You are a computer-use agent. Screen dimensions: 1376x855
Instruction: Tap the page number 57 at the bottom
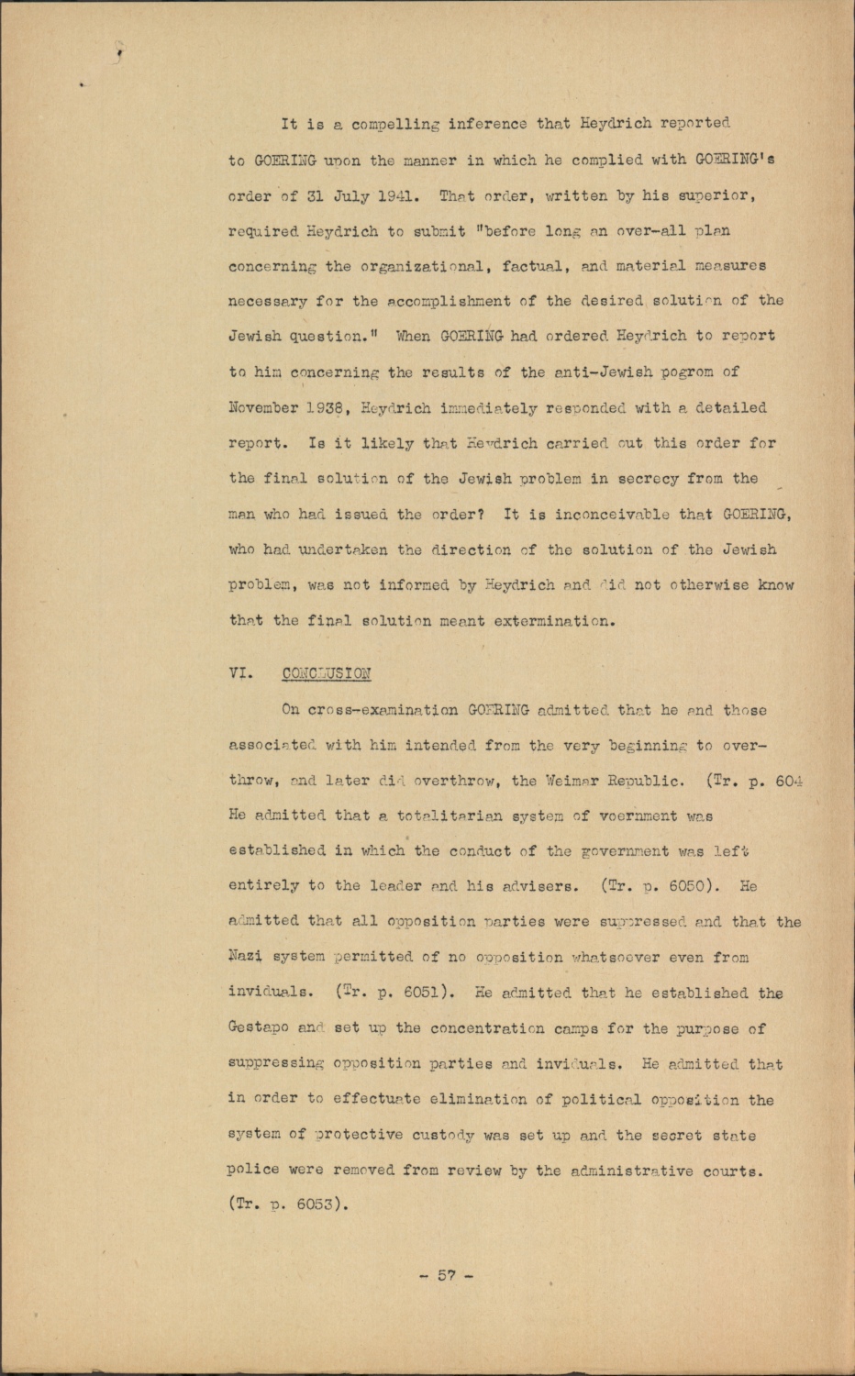coord(447,1275)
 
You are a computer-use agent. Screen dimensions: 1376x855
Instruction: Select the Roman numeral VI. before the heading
coord(241,672)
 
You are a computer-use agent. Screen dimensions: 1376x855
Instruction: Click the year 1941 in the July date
coord(392,195)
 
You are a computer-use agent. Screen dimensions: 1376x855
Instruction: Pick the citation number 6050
coord(677,887)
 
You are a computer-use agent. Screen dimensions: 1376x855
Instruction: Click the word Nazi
coord(244,958)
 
